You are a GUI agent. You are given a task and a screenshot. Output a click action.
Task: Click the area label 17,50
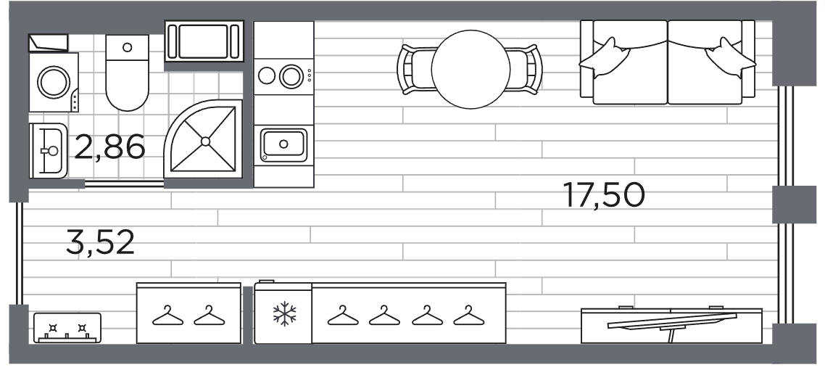coord(604,194)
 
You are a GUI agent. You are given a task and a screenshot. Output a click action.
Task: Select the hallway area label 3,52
coord(100,242)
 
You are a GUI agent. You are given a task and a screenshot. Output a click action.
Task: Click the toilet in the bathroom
coord(127,73)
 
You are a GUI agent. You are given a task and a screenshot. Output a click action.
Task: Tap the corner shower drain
coord(205,141)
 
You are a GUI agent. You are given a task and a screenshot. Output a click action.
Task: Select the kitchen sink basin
coord(283,144)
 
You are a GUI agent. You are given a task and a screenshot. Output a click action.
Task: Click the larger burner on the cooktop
coord(291,75)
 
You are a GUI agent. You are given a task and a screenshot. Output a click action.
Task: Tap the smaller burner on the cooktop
coord(266,75)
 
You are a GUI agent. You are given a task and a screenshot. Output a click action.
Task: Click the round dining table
coord(470,70)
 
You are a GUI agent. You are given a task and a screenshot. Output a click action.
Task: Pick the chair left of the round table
coord(415,70)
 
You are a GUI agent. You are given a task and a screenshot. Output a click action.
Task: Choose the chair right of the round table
coord(525,70)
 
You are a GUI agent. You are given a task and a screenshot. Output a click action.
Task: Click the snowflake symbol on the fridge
coord(284,313)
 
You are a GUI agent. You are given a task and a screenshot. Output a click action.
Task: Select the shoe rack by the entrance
coord(67,328)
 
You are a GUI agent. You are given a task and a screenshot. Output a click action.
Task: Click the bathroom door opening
coord(124,184)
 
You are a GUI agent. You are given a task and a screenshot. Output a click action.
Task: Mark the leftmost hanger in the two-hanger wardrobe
coord(168,316)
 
